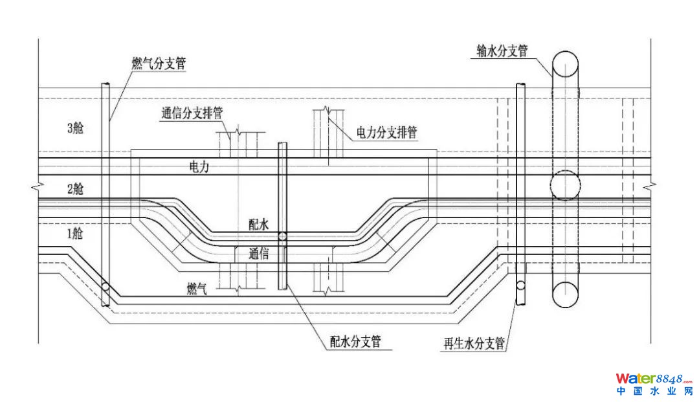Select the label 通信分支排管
coord(192,113)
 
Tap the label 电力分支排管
coord(386,133)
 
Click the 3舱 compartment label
coord(76,128)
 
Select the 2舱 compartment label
coord(75,189)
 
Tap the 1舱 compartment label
coord(75,234)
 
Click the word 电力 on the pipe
coord(199,167)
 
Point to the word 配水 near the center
coord(259,224)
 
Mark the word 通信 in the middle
coord(259,254)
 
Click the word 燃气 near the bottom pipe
coord(196,289)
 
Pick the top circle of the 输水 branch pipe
coord(564,63)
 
